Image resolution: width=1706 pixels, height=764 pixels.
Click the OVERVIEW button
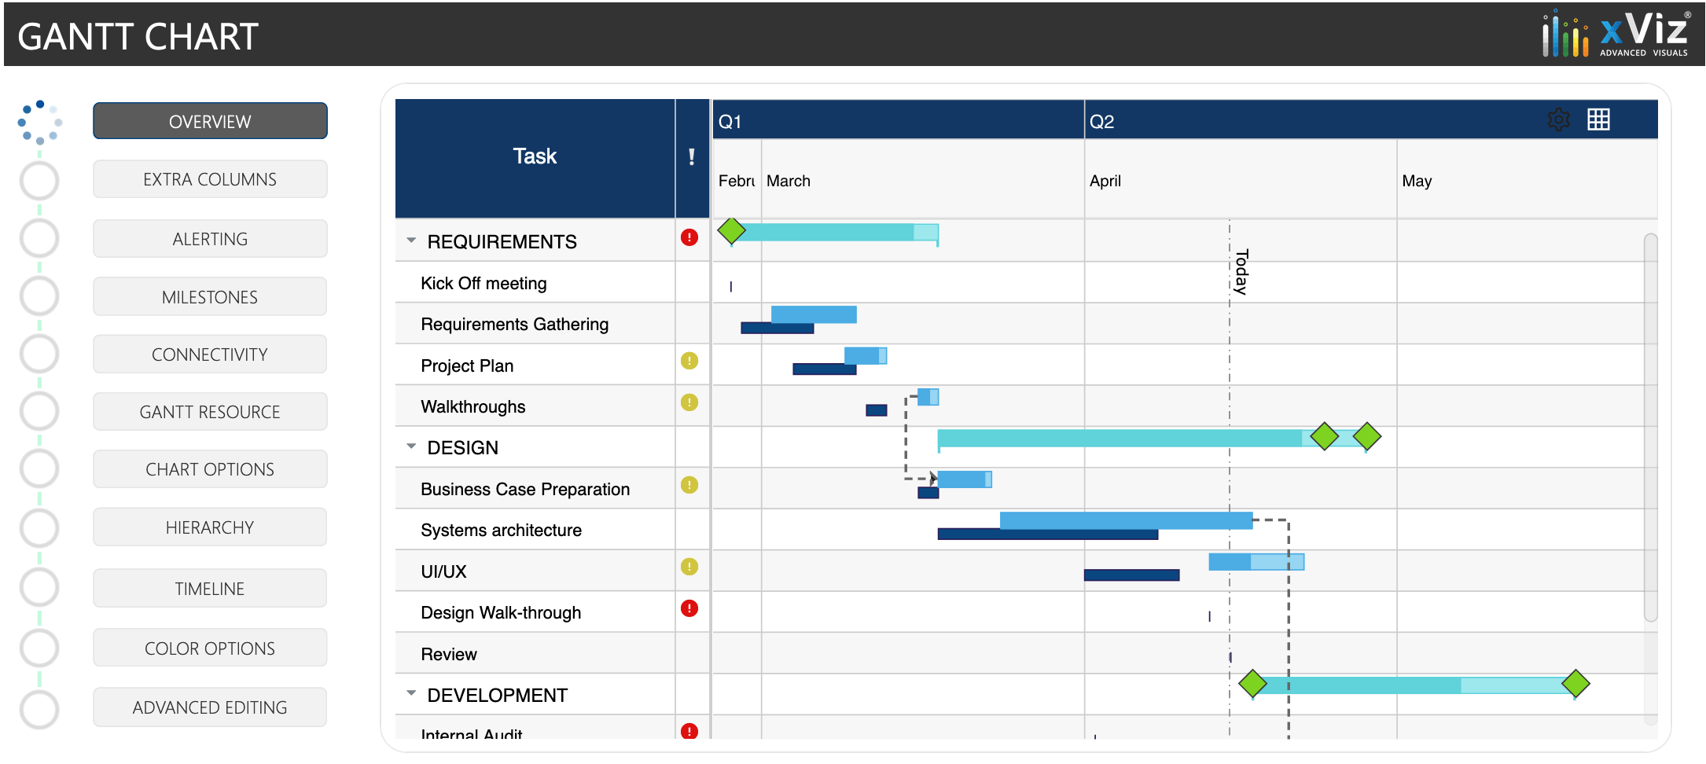(210, 121)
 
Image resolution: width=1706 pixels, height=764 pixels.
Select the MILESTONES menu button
(210, 297)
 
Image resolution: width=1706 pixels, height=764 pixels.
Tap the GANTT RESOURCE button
(210, 412)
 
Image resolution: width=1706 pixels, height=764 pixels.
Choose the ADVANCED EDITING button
(210, 707)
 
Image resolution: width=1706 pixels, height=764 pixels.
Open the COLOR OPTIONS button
(210, 648)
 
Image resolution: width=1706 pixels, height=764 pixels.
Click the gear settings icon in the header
(1558, 119)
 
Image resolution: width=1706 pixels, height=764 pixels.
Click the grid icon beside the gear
(1598, 119)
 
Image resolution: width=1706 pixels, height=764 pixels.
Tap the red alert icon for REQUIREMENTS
(689, 237)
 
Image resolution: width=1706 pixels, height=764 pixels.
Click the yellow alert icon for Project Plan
(689, 361)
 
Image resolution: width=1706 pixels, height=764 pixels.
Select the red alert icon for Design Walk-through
(689, 608)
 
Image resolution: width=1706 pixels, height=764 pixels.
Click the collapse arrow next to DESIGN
(411, 446)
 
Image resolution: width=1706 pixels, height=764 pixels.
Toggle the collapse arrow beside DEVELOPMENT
(411, 693)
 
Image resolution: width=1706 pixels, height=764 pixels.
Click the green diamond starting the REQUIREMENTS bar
(731, 231)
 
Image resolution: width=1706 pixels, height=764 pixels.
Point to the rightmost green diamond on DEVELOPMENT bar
(1575, 684)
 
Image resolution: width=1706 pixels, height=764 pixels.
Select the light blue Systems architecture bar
(1126, 520)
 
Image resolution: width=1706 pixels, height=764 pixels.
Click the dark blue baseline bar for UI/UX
(1131, 575)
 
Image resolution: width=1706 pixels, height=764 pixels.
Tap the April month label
(1105, 181)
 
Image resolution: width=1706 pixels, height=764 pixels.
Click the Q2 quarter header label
(1101, 122)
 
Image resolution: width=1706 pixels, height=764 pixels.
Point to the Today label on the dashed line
(1241, 272)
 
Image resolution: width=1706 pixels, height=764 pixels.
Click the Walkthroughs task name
(473, 406)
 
